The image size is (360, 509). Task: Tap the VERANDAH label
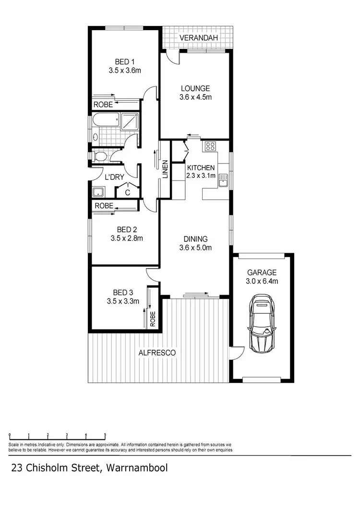[200, 37]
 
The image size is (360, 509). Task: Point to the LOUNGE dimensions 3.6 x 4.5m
[195, 97]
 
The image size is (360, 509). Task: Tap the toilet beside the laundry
[100, 156]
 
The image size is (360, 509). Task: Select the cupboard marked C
[128, 192]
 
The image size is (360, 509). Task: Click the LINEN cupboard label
[165, 169]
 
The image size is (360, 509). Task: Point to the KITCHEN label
[201, 167]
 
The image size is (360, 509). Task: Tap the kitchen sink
[223, 181]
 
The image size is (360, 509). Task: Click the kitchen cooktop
[210, 146]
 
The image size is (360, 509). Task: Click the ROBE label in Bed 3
[153, 319]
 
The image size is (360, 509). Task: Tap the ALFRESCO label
[157, 353]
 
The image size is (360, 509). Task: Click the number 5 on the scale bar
[105, 435]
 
